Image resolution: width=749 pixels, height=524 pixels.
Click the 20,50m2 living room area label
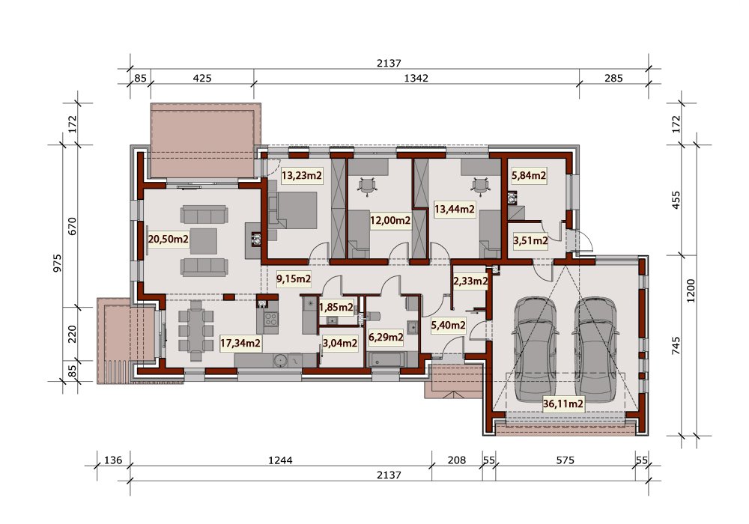pyautogui.click(x=168, y=239)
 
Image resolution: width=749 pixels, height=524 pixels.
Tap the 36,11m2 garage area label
pyautogui.click(x=563, y=404)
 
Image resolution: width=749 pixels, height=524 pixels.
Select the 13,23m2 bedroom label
pyautogui.click(x=302, y=176)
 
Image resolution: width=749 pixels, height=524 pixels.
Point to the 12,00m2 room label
pyautogui.click(x=390, y=221)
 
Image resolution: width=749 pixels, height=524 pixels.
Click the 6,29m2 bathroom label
pyautogui.click(x=386, y=338)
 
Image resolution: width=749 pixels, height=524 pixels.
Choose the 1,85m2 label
pyautogui.click(x=336, y=307)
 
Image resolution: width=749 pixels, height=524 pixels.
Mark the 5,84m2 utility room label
pyautogui.click(x=529, y=176)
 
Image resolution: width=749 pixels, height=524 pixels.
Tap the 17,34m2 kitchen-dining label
pyautogui.click(x=240, y=342)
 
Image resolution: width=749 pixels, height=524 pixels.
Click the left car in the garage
pyautogui.click(x=535, y=347)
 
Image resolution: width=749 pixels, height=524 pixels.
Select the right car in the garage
pyautogui.click(x=595, y=347)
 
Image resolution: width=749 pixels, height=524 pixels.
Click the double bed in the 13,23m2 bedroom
pyautogui.click(x=292, y=216)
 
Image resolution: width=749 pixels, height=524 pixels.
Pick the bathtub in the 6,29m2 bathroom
pyautogui.click(x=386, y=359)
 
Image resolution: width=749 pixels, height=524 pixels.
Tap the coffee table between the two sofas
pyautogui.click(x=204, y=242)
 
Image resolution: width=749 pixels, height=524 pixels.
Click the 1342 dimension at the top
pyautogui.click(x=416, y=78)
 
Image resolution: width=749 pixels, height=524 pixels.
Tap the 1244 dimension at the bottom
pyautogui.click(x=280, y=460)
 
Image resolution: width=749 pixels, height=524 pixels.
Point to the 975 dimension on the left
pyautogui.click(x=57, y=263)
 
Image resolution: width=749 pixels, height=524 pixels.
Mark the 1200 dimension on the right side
pyautogui.click(x=691, y=290)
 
